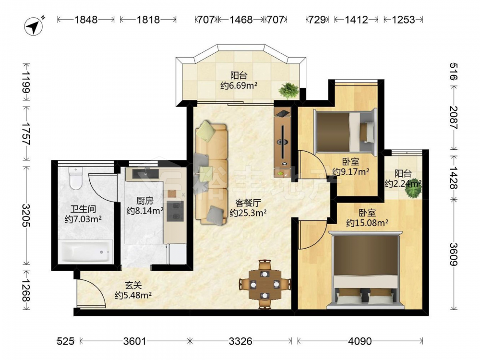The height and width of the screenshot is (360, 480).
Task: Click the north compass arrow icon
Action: pos(34,26)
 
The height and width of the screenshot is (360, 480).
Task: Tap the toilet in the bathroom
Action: pos(76,178)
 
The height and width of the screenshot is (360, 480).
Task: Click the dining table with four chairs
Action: pos(264,284)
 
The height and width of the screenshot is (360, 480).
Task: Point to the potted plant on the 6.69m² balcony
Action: pos(288,91)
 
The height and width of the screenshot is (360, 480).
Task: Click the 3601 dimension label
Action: pos(135,341)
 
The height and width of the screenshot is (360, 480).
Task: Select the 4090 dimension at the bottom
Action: pos(360,341)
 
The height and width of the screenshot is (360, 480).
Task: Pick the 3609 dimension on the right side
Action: pos(454,254)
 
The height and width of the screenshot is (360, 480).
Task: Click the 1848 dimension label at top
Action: pos(86,20)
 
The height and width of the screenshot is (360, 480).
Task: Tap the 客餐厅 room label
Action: pos(248,203)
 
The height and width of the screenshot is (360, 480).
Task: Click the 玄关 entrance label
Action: pos(133,286)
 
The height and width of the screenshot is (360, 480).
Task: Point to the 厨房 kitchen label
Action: pos(145,201)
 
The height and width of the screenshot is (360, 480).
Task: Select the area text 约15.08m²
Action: pos(367,223)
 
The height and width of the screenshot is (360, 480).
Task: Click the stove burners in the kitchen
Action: pos(175,211)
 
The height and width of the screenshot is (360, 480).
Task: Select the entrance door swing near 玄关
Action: pos(92,291)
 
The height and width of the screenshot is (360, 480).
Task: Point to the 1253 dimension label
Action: pos(403,20)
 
